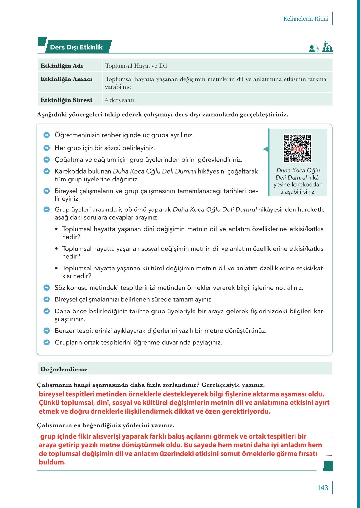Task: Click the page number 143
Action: click(323, 488)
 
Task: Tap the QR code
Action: click(297, 148)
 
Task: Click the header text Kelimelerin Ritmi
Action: click(306, 19)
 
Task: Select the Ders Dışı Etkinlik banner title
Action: click(76, 47)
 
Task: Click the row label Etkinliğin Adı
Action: click(62, 66)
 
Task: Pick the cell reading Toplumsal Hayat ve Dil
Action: click(136, 66)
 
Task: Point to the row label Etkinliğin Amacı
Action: click(66, 79)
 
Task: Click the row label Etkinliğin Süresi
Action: click(66, 100)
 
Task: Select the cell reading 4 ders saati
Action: click(119, 100)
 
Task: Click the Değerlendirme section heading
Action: click(64, 369)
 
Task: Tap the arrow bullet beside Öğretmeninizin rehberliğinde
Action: click(47, 135)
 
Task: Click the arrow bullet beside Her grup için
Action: click(47, 148)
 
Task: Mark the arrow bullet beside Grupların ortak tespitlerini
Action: click(47, 342)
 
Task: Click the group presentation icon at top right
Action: click(327, 47)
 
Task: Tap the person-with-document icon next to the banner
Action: click(314, 49)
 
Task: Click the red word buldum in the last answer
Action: click(52, 462)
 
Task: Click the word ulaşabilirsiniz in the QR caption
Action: click(298, 192)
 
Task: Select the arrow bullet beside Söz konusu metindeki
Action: click(47, 288)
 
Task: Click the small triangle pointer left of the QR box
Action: click(266, 149)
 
